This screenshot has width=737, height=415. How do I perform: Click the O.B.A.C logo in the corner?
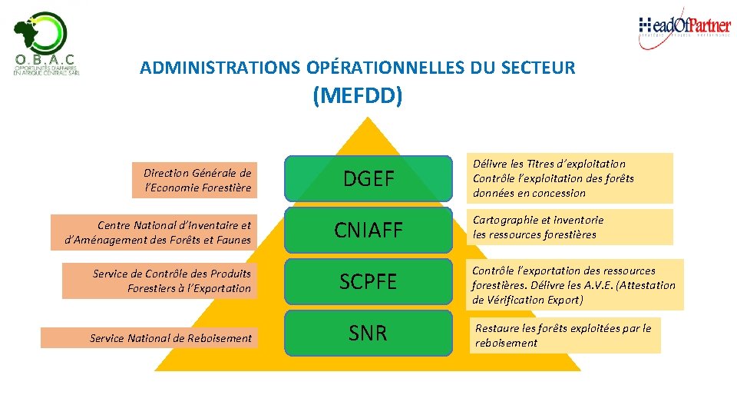[46, 45]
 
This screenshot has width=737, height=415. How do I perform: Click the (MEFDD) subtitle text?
[357, 96]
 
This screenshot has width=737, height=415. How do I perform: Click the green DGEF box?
[368, 179]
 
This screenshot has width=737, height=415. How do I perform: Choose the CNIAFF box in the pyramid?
[368, 230]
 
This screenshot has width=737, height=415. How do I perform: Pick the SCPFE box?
[368, 281]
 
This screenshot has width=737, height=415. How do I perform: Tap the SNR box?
[368, 333]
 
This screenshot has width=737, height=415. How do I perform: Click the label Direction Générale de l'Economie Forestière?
[193, 181]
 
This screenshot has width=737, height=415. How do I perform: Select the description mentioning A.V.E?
[573, 285]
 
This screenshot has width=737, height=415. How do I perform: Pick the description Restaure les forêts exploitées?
[564, 335]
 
